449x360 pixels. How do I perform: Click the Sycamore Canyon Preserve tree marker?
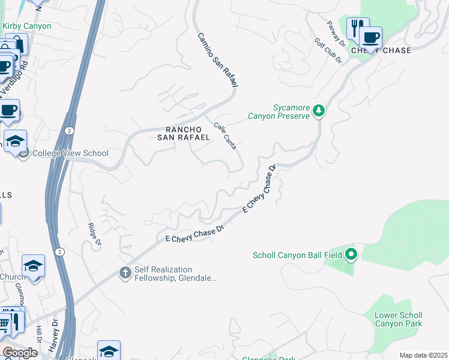(x=319, y=110)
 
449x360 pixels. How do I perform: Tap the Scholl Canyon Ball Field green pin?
(x=351, y=255)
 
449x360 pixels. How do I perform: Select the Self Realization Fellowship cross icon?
(x=125, y=273)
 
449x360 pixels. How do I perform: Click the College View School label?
(x=70, y=153)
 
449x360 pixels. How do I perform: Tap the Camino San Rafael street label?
(x=217, y=60)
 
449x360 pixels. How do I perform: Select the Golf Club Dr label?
(x=328, y=52)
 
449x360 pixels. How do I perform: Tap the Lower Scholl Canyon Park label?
(x=399, y=319)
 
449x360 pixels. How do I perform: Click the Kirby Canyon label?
(x=27, y=26)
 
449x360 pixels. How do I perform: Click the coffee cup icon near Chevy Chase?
(x=371, y=37)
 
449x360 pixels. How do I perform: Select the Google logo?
(x=20, y=353)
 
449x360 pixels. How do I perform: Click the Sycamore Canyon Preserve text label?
(x=282, y=112)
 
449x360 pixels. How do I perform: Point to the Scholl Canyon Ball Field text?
(x=297, y=256)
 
